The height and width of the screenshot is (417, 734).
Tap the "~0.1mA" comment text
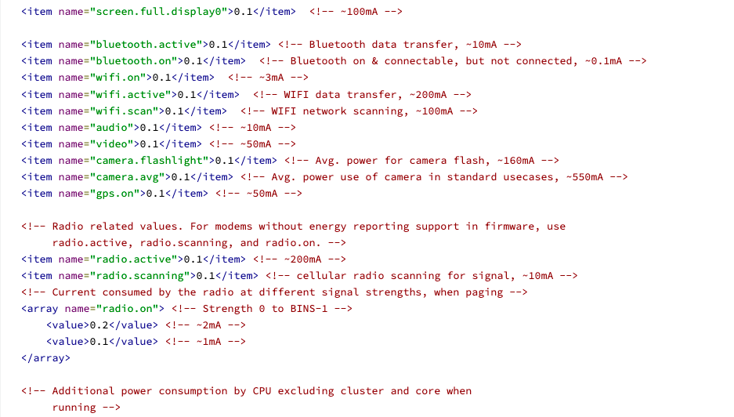pos(603,61)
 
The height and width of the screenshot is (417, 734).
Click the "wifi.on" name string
pos(121,78)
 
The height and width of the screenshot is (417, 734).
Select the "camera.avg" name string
pos(130,177)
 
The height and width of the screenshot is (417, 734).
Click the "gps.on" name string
pos(118,194)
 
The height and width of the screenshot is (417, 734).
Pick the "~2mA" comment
pos(209,325)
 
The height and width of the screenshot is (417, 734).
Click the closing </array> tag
pos(46,358)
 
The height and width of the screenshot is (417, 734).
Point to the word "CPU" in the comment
pos(262,391)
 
